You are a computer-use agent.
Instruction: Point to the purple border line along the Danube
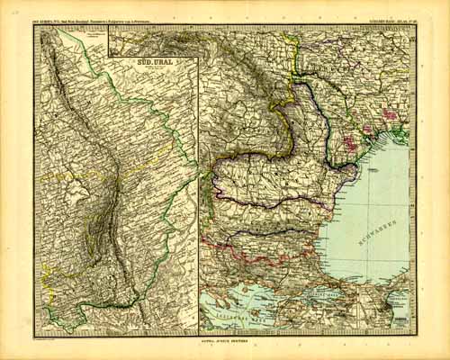point(270,201)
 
